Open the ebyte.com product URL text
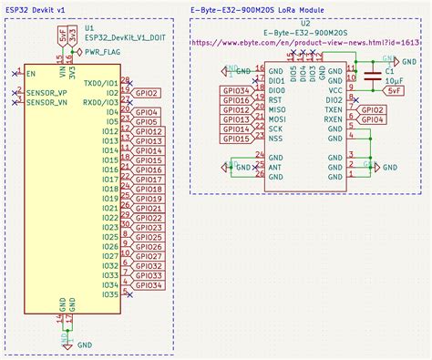307,42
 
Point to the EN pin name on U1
31,73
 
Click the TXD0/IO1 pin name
101,83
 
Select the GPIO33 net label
149,275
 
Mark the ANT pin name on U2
273,168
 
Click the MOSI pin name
277,119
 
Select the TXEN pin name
334,109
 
